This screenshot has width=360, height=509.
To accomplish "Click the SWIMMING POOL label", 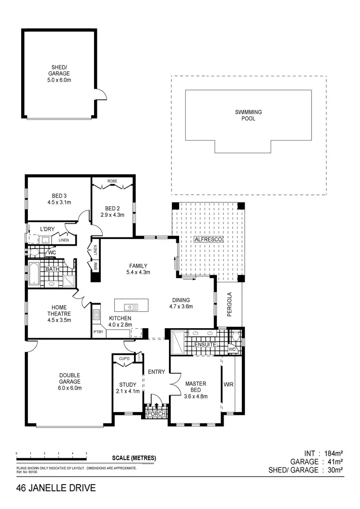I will click(x=248, y=115).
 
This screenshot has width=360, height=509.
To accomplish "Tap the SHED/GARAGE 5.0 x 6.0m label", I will click(x=60, y=73).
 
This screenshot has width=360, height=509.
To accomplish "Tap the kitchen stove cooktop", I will click(x=96, y=315).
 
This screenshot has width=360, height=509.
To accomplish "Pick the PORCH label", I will click(x=156, y=414).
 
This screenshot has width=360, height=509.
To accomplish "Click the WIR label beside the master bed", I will click(x=228, y=384).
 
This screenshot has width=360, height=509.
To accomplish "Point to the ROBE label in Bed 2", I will click(x=112, y=181).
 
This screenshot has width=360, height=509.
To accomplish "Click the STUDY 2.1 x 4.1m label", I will click(x=127, y=388).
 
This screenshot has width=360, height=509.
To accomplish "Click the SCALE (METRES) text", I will click(x=134, y=458).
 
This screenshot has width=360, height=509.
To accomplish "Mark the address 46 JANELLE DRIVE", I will click(x=56, y=489).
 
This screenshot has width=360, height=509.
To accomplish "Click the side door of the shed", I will click(x=100, y=94).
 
